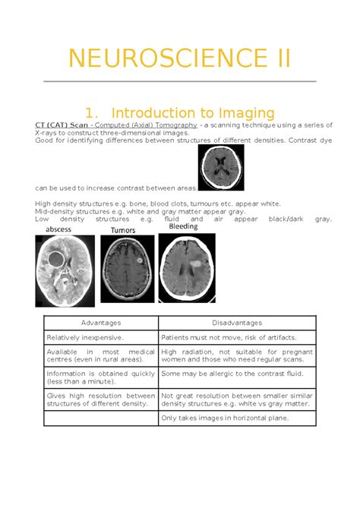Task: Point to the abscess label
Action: (59, 229)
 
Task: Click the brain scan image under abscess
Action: (66, 271)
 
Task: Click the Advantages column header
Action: (100, 323)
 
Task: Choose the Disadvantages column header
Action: (237, 323)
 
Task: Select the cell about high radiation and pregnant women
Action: (237, 356)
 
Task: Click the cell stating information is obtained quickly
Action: (101, 377)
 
